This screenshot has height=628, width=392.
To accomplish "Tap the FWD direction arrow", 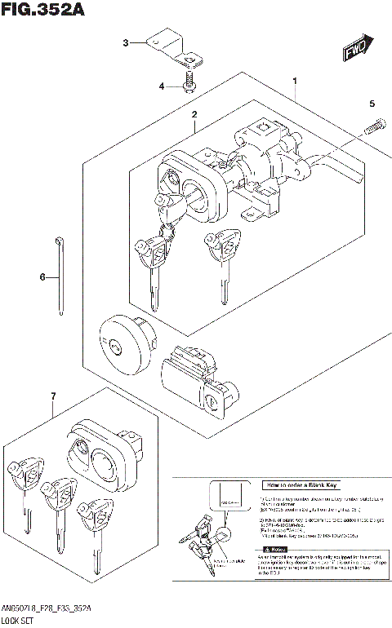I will (358, 51).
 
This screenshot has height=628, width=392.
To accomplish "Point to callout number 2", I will (194, 116).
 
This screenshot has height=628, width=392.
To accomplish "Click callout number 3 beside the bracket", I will (125, 42).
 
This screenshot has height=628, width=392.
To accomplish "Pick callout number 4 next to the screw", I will (162, 86).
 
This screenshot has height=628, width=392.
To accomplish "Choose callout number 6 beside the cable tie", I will (43, 277).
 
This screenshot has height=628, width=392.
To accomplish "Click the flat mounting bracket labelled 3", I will (176, 50).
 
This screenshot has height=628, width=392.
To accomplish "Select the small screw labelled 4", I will (189, 84).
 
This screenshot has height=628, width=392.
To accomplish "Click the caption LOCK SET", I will (20, 621).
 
